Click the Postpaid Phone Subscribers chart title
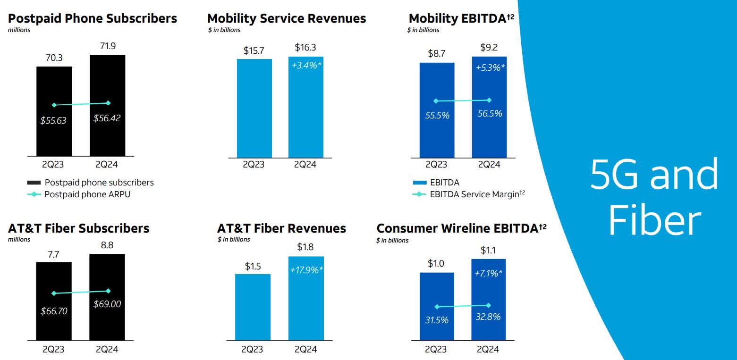[93, 18]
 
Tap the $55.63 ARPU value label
[53, 120]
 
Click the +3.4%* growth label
[306, 65]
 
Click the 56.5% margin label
[490, 114]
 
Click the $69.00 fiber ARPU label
[107, 304]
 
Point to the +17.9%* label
[306, 270]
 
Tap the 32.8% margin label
[488, 317]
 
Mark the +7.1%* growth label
[489, 273]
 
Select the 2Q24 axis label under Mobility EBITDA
[489, 165]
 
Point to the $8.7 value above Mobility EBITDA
[436, 54]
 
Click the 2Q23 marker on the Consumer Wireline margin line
[437, 307]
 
